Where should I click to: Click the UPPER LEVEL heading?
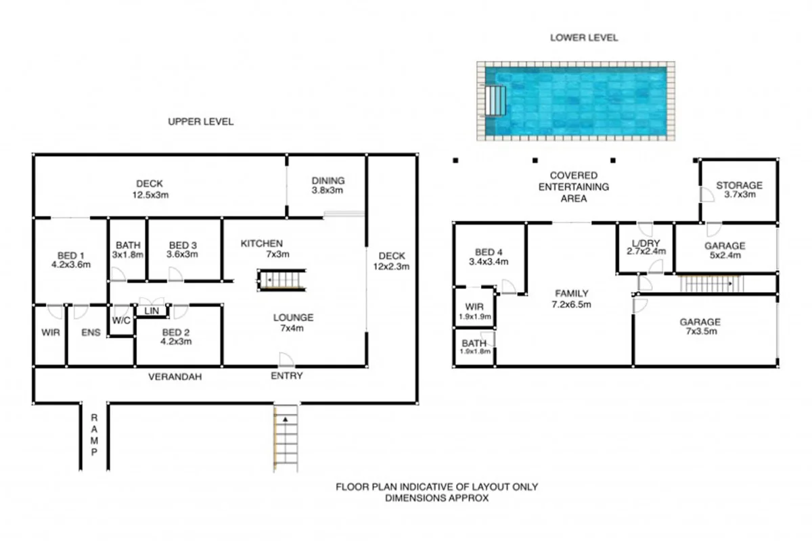pos(200,122)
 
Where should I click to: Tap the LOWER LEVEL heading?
pos(583,38)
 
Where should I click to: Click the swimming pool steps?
pos(496,101)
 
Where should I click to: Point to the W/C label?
pos(121,320)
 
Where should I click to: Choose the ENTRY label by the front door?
pos(287,376)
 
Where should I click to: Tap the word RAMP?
pos(95,433)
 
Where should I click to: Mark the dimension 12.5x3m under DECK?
pos(149,195)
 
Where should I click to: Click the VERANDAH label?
pos(175,376)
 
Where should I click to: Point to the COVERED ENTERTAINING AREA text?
pos(573,187)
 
